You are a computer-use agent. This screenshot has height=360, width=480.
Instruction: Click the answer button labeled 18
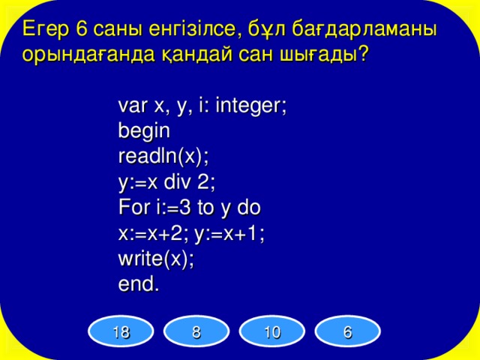point(120,333)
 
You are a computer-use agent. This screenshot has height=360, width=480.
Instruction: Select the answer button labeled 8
point(196,333)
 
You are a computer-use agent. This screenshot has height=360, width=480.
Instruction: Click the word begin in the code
point(144,132)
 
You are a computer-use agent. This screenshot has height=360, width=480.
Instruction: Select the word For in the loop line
point(133,208)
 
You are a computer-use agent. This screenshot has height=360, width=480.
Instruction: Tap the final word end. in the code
point(139,284)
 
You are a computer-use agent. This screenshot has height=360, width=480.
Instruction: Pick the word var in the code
point(132,106)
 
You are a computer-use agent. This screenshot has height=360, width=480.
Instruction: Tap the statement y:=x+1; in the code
point(229,233)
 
